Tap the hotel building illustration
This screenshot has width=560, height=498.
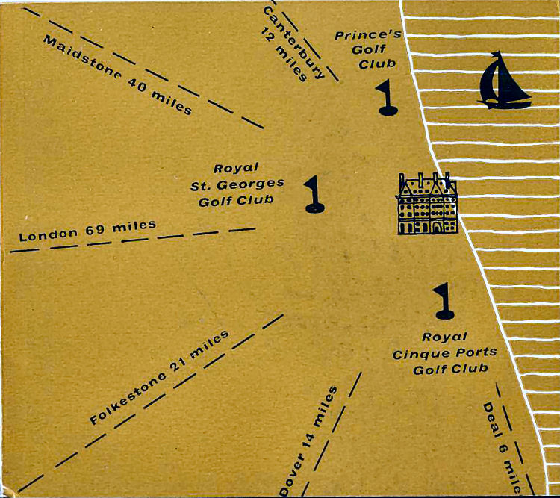point(427,204)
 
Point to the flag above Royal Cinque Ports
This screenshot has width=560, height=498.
point(445,299)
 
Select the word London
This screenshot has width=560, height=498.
point(48,234)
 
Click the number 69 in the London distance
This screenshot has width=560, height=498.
point(95,228)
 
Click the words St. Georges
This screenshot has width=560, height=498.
point(237,184)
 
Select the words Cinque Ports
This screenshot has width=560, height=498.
point(445,352)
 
